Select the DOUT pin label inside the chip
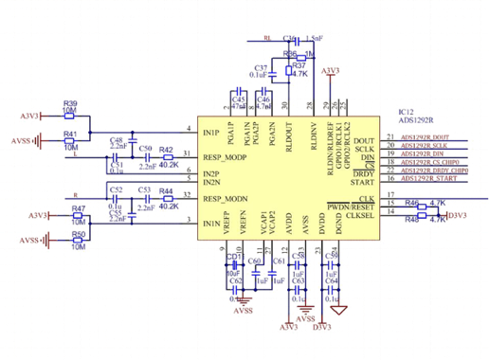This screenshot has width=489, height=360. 365,139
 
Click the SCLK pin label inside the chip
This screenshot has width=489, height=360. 366,150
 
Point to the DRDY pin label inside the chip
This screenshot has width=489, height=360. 365,170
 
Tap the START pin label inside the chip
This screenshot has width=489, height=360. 364,180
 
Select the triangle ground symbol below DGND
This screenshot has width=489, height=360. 339,310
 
